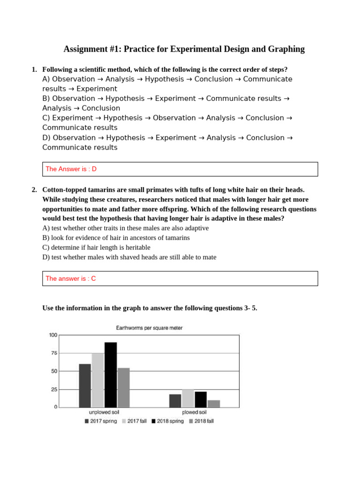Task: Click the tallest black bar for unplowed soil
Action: pyautogui.click(x=111, y=375)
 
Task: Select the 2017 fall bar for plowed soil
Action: pyautogui.click(x=188, y=398)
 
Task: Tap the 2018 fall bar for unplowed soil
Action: pyautogui.click(x=123, y=387)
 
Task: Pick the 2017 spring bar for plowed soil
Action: pyautogui.click(x=175, y=400)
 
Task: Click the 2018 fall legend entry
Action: pyautogui.click(x=201, y=421)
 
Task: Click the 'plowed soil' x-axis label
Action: pyautogui.click(x=194, y=412)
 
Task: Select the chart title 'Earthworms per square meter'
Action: pyautogui.click(x=149, y=328)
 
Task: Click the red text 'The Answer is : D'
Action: pyautogui.click(x=71, y=169)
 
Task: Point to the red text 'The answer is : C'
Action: pyautogui.click(x=71, y=278)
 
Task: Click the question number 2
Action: pyautogui.click(x=34, y=189)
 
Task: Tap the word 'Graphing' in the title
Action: pyautogui.click(x=286, y=49)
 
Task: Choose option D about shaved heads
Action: pyautogui.click(x=129, y=257)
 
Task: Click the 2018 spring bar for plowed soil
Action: pyautogui.click(x=201, y=399)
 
